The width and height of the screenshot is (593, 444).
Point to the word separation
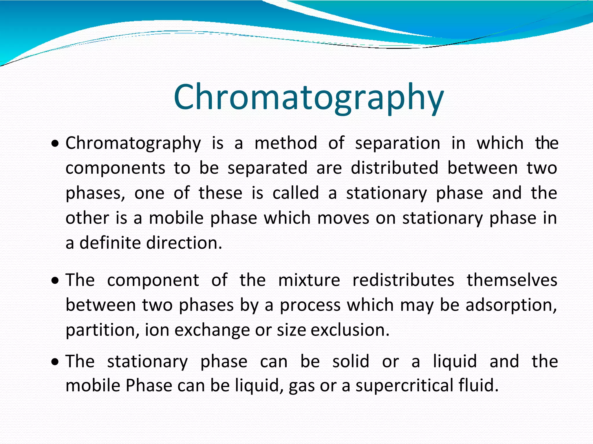pyautogui.click(x=398, y=144)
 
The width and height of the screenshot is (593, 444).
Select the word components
pyautogui.click(x=115, y=169)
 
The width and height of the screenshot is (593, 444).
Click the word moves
pyautogui.click(x=343, y=218)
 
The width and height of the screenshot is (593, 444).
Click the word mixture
pyautogui.click(x=309, y=280)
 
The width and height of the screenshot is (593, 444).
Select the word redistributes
pyautogui.click(x=403, y=280)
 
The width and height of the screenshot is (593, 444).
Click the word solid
pyautogui.click(x=351, y=361)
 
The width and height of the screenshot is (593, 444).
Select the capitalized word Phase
pyautogui.click(x=149, y=386)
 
